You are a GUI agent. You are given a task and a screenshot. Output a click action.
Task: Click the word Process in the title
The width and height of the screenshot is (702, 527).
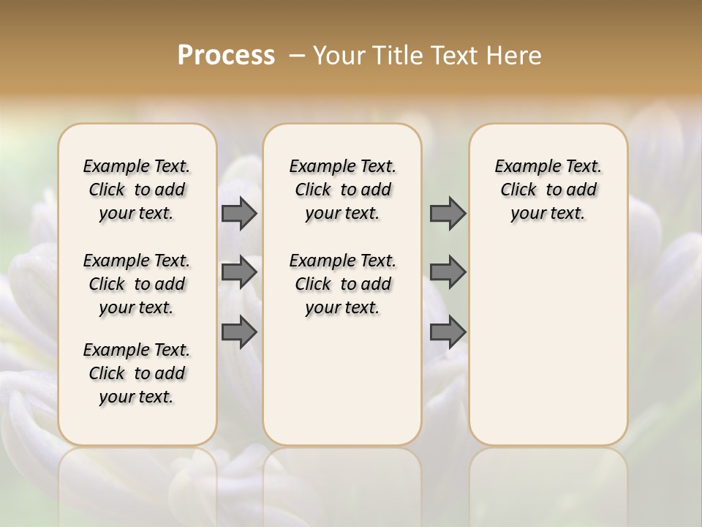click(x=226, y=56)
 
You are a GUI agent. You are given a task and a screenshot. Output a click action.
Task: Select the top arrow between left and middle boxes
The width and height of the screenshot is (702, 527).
click(x=239, y=213)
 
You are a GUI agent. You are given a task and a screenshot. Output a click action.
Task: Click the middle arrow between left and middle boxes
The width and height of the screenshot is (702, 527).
click(x=239, y=272)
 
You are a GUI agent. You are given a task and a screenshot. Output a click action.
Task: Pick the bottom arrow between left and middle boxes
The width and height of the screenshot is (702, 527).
click(x=239, y=332)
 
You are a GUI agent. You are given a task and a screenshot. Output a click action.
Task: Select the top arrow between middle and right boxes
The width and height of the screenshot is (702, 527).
click(x=448, y=213)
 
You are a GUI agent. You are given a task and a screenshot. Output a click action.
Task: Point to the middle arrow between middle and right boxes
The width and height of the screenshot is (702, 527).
click(x=448, y=272)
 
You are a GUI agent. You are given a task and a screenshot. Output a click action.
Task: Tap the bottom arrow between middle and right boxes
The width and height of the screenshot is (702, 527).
click(x=448, y=332)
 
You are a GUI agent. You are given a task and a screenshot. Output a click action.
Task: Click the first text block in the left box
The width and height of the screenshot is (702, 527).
click(x=137, y=190)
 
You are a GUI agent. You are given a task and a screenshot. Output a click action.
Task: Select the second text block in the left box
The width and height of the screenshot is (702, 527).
click(x=137, y=284)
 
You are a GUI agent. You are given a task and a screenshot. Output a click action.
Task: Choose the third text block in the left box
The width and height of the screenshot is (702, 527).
click(x=137, y=373)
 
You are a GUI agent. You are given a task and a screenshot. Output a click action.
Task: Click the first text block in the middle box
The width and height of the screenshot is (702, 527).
click(x=342, y=190)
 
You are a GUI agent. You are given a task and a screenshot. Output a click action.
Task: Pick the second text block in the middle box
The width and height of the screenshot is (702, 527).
click(x=342, y=284)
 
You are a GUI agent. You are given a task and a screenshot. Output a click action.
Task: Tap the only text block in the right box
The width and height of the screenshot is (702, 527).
click(x=548, y=190)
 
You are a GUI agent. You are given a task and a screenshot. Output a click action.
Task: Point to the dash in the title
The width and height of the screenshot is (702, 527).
click(x=297, y=56)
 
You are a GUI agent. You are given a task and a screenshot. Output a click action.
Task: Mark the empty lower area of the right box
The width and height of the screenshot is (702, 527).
click(x=548, y=344)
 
